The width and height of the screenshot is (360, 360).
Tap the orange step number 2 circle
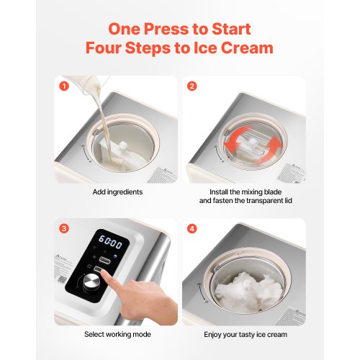[x=192, y=87]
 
